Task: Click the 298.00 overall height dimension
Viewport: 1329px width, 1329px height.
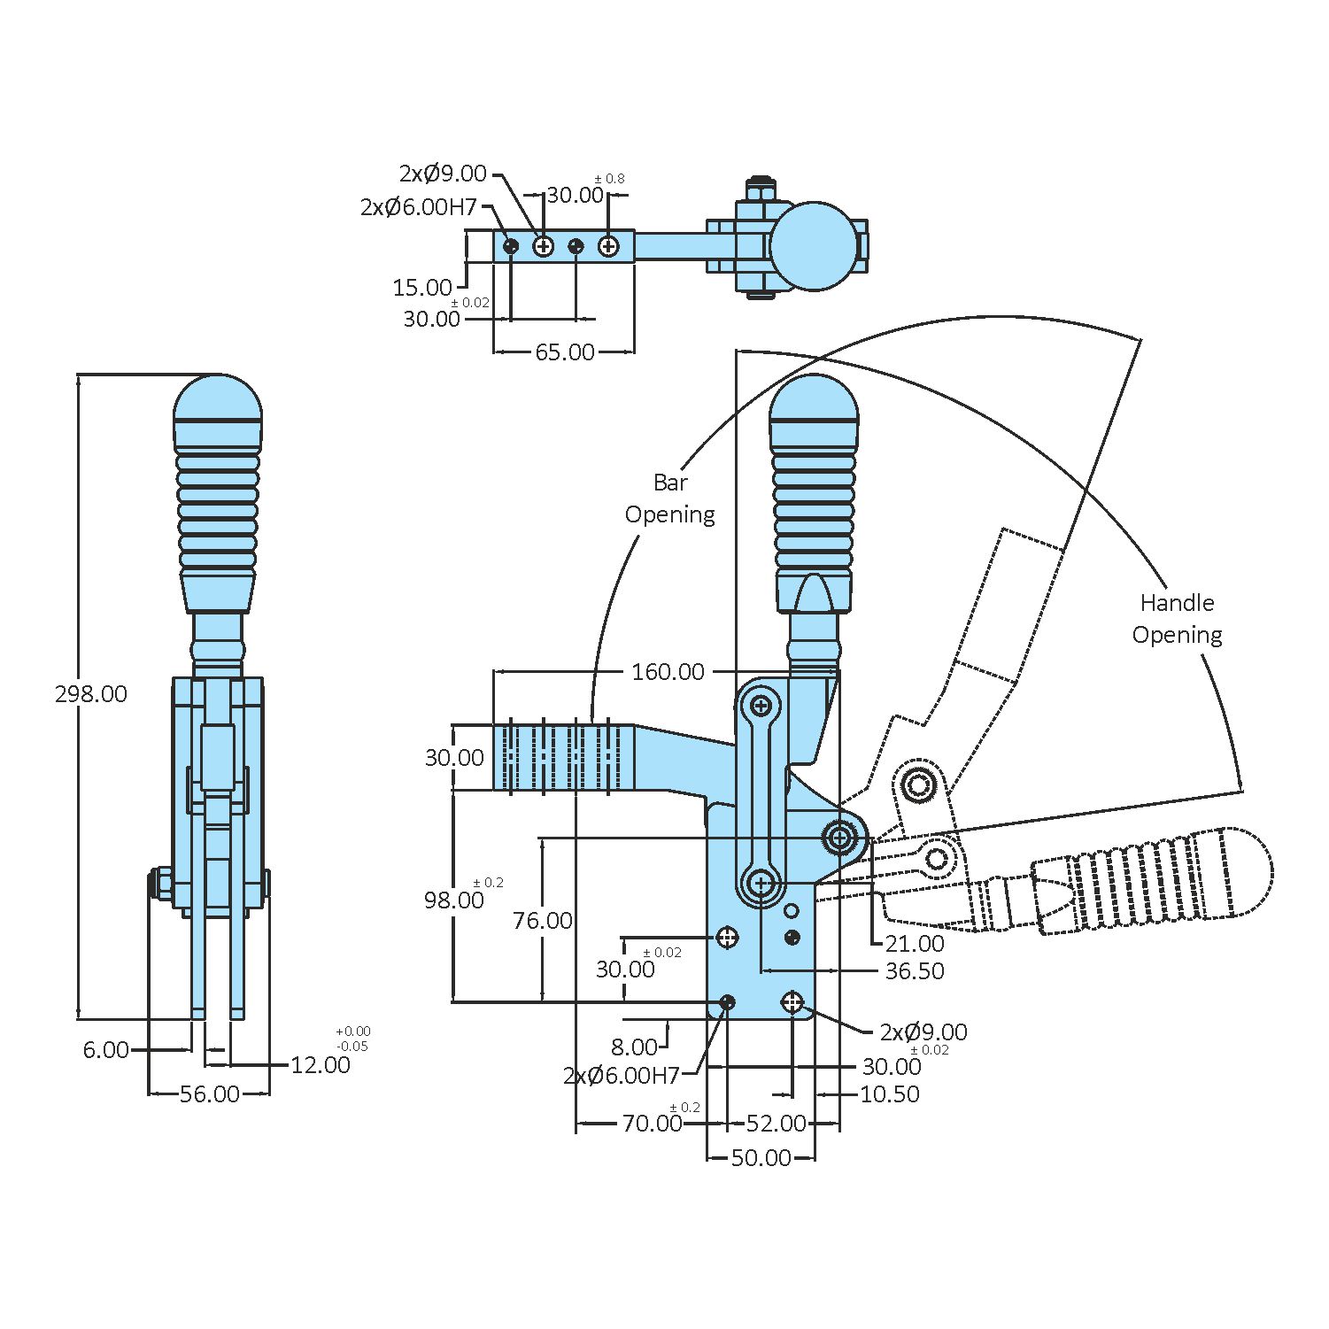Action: click(x=90, y=694)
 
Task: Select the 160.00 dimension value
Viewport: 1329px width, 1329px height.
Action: click(x=668, y=672)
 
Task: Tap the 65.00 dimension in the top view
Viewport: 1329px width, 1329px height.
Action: click(x=564, y=352)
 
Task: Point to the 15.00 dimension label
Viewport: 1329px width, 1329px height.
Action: click(x=422, y=288)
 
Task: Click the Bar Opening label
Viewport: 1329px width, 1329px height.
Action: click(x=669, y=498)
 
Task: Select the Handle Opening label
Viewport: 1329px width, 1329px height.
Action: click(x=1177, y=619)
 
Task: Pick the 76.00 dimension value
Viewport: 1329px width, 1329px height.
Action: click(x=542, y=921)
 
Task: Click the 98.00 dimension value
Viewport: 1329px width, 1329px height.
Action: click(x=453, y=900)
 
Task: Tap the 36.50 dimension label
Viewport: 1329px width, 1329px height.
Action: click(x=915, y=971)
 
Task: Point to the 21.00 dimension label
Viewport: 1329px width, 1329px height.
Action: click(x=915, y=944)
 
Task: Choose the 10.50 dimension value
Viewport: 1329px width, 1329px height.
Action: click(x=889, y=1094)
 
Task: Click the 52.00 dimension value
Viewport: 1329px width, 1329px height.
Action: click(x=776, y=1124)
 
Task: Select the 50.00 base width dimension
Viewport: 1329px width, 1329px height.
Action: click(x=761, y=1158)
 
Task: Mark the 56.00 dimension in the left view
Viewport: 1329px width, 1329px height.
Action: click(x=209, y=1094)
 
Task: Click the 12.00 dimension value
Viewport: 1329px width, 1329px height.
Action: click(x=321, y=1065)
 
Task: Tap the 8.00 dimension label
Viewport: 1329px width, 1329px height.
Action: click(x=634, y=1047)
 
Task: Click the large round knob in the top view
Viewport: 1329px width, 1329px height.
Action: click(x=814, y=246)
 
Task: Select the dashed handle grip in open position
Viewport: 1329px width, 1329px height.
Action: click(x=1151, y=880)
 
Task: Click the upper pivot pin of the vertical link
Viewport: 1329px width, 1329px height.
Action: click(x=761, y=706)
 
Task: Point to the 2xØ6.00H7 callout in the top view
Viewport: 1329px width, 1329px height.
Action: click(x=419, y=207)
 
